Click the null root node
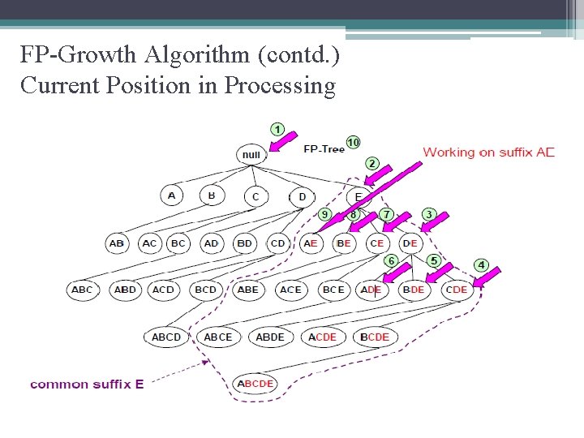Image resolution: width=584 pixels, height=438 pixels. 251,154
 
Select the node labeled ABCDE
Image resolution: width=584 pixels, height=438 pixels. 255,383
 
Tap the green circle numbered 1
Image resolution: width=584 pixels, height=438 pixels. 277,129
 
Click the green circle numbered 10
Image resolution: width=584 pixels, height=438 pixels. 353,143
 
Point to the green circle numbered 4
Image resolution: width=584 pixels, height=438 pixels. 481,265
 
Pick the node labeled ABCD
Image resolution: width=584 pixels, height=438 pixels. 166,337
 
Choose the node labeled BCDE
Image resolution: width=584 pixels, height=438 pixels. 375,337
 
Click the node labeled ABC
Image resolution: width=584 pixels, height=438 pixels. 82,290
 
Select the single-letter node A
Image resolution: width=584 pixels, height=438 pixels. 171,195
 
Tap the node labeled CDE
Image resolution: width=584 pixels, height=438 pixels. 457,290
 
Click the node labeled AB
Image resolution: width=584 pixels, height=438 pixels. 117,243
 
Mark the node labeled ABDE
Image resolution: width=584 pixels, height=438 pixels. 270,337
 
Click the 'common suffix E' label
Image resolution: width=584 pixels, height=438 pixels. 87,384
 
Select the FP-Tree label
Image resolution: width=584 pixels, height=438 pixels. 324,149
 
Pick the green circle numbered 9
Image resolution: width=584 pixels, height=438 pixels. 324,214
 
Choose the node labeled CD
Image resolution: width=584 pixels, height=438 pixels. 277,243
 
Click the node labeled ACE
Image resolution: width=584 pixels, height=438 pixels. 290,290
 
